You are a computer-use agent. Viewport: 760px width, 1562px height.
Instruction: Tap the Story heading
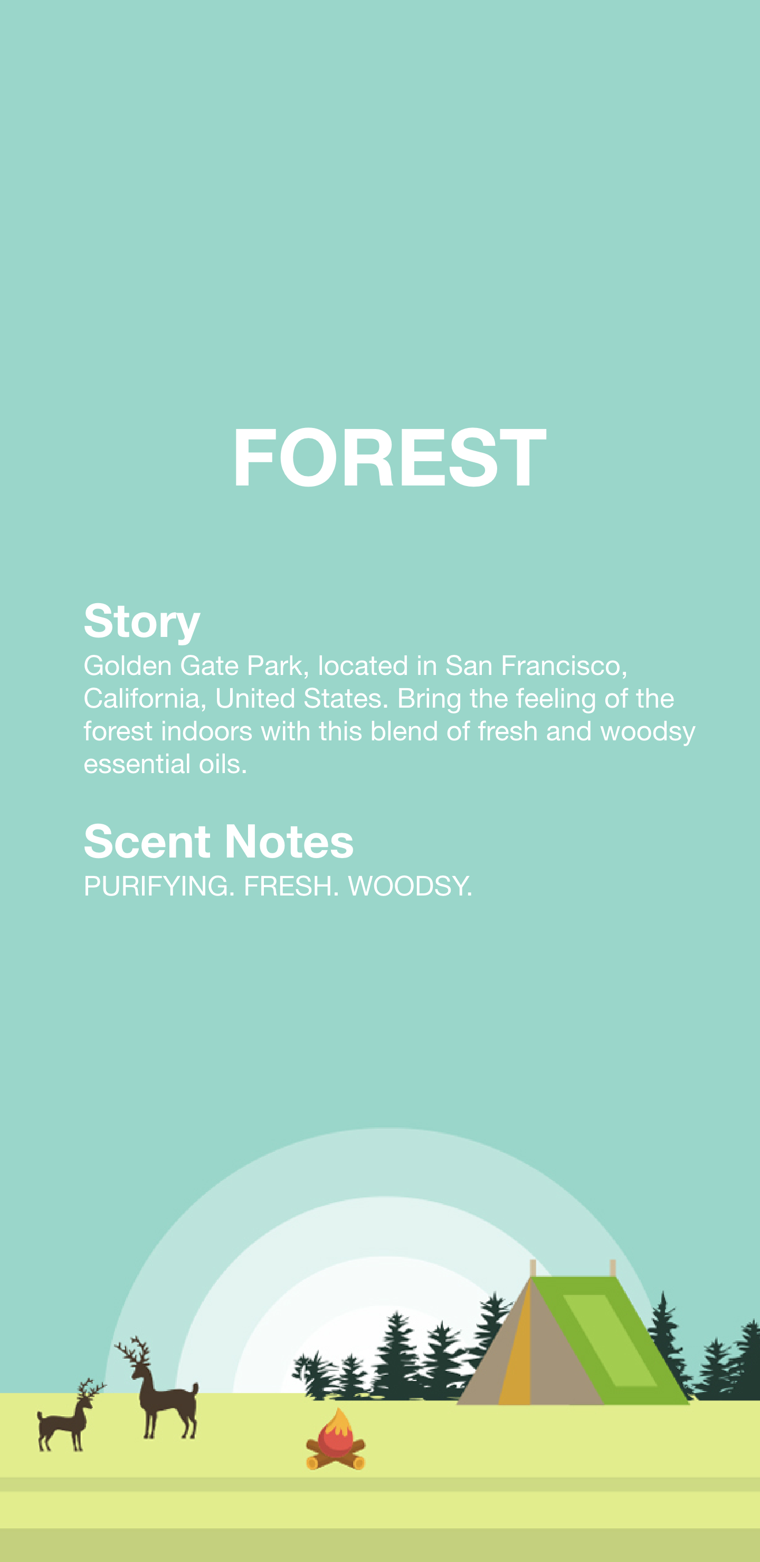tap(142, 622)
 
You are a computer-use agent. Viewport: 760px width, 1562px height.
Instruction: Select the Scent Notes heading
tap(218, 841)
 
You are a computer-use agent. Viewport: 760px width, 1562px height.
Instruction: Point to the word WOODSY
tap(410, 886)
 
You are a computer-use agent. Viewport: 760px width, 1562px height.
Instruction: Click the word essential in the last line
tap(137, 764)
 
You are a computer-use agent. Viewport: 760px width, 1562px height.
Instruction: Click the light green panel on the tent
tap(609, 1339)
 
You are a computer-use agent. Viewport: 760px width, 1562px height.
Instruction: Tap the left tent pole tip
tap(533, 1261)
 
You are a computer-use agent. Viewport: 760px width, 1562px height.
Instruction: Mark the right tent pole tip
tap(613, 1261)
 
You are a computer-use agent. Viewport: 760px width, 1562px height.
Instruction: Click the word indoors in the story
tap(206, 731)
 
